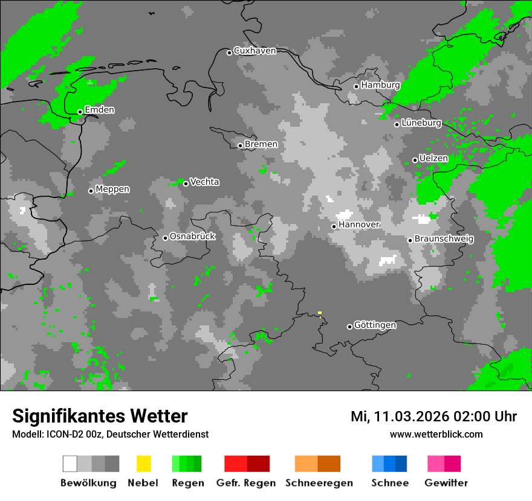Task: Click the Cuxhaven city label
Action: click(x=255, y=51)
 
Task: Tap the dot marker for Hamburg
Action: click(x=356, y=86)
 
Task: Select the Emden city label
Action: click(x=99, y=110)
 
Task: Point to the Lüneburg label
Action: click(x=421, y=123)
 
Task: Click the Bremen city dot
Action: click(x=240, y=145)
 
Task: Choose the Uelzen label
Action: click(x=433, y=158)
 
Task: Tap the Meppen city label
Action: click(x=112, y=190)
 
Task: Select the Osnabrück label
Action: click(x=192, y=237)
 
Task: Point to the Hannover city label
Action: click(x=359, y=225)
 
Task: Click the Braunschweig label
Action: click(x=444, y=239)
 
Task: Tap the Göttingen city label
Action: click(x=375, y=325)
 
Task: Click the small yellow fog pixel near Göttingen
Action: click(x=320, y=313)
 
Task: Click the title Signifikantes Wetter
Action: click(x=100, y=416)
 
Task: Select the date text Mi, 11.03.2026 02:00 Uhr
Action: click(x=433, y=416)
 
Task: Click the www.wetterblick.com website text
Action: click(x=436, y=434)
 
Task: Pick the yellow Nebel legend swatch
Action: click(x=143, y=464)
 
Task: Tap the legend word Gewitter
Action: click(x=446, y=483)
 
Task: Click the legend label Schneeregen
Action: click(x=319, y=483)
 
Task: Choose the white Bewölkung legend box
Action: click(x=70, y=464)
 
